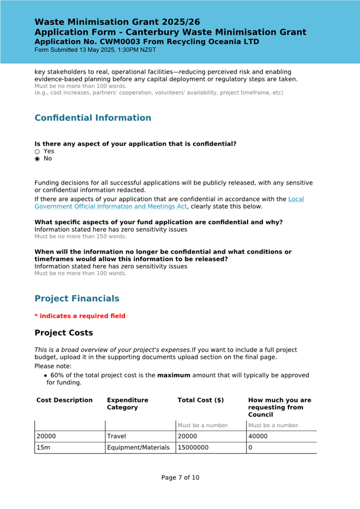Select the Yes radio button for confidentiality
[x=37, y=151]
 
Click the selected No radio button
[x=37, y=159]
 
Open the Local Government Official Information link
[x=169, y=203]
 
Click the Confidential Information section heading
[x=93, y=118]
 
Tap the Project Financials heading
[x=77, y=298]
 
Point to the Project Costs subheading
[x=63, y=333]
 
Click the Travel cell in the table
[x=117, y=436]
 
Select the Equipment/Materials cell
[x=139, y=448]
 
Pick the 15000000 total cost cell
[x=194, y=448]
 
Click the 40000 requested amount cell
[x=258, y=436]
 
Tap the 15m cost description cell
[x=43, y=448]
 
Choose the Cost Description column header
[x=65, y=400]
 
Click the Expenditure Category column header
[x=127, y=403]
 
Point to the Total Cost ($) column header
[x=201, y=400]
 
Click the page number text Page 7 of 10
[x=180, y=478]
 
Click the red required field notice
[x=80, y=316]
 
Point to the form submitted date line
[x=95, y=50]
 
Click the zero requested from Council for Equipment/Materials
[x=251, y=448]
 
